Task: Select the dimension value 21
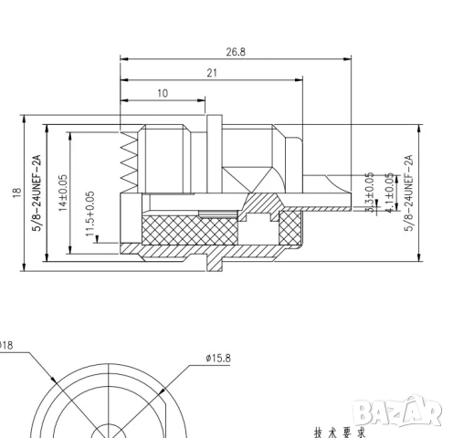point(211,73)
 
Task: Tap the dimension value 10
point(163,93)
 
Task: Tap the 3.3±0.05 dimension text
point(369,193)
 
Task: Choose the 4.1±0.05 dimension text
point(389,193)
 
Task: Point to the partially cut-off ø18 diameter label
point(6,345)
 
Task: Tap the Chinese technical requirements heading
point(338,433)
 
